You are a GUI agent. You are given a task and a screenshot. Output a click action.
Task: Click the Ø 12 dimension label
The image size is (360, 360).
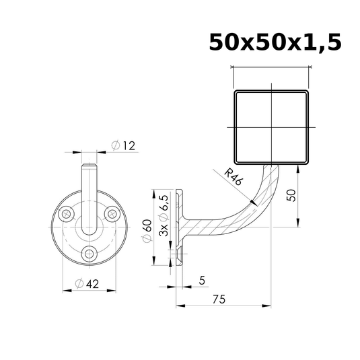click(124, 145)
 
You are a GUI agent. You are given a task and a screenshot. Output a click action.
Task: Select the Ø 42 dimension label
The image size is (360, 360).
click(87, 284)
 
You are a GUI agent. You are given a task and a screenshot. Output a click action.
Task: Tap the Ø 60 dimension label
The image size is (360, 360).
click(147, 231)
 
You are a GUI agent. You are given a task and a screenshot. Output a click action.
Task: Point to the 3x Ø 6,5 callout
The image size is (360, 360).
click(164, 216)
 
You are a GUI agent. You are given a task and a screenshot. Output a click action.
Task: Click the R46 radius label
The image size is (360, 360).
click(233, 177)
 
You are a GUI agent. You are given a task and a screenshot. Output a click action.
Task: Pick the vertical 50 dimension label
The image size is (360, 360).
click(291, 195)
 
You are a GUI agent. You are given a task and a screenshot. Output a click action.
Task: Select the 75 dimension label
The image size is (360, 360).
click(219, 299)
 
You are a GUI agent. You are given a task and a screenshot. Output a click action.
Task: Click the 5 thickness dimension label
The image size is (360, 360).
click(202, 281)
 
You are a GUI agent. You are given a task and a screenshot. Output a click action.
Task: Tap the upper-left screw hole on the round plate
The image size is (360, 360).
click(67, 214)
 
